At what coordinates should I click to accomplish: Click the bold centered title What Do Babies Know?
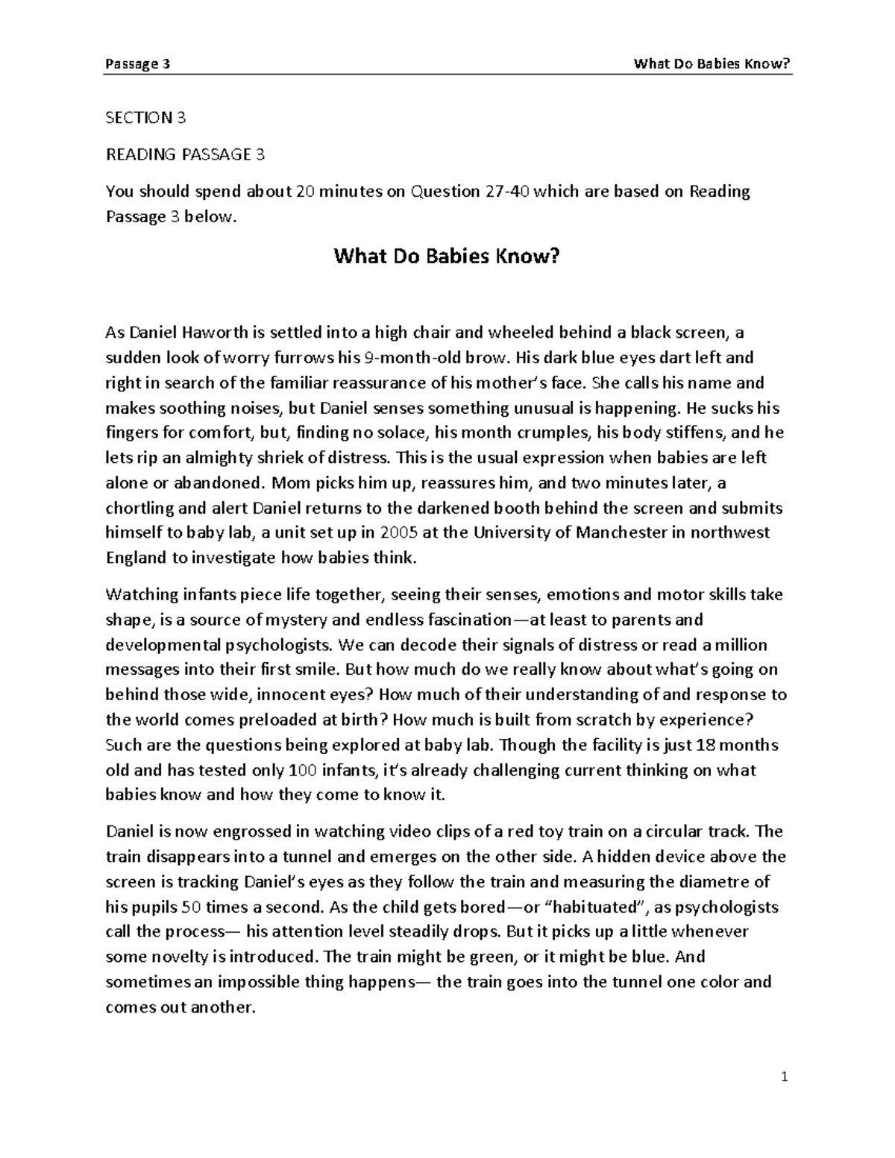446,257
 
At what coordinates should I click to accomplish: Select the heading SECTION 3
145,118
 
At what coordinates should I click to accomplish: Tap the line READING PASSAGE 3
185,155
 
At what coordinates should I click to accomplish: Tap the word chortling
140,508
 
